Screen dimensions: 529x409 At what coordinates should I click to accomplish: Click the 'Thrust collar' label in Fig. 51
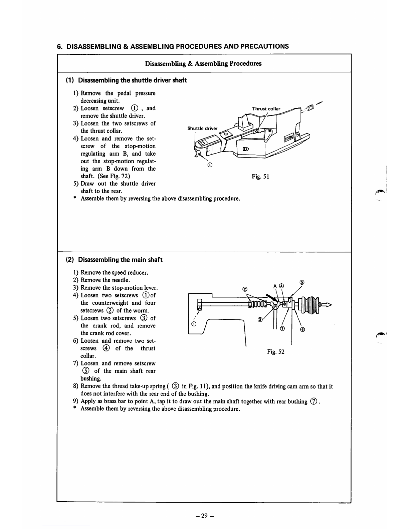pyautogui.click(x=266, y=109)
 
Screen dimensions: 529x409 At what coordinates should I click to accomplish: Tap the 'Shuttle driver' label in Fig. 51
pyautogui.click(x=202, y=128)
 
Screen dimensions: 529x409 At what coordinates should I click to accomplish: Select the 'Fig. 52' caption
pyautogui.click(x=275, y=351)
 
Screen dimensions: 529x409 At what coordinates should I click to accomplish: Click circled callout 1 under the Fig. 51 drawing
pyautogui.click(x=210, y=165)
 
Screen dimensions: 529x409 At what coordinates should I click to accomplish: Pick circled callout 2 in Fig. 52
pyautogui.click(x=245, y=289)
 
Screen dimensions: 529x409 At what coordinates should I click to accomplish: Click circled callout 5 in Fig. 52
pyautogui.click(x=301, y=282)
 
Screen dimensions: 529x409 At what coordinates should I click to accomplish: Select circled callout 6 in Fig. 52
pyautogui.click(x=302, y=330)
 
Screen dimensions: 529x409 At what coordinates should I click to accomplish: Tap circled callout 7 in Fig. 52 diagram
pyautogui.click(x=282, y=329)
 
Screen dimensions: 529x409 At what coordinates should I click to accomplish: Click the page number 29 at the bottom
pyautogui.click(x=205, y=516)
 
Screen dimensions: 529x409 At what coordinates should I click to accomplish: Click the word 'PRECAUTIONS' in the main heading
pyautogui.click(x=263, y=46)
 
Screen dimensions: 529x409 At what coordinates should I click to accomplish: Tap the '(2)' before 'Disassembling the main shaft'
pyautogui.click(x=69, y=260)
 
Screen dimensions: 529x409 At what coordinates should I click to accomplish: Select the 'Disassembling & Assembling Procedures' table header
pyautogui.click(x=203, y=63)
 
